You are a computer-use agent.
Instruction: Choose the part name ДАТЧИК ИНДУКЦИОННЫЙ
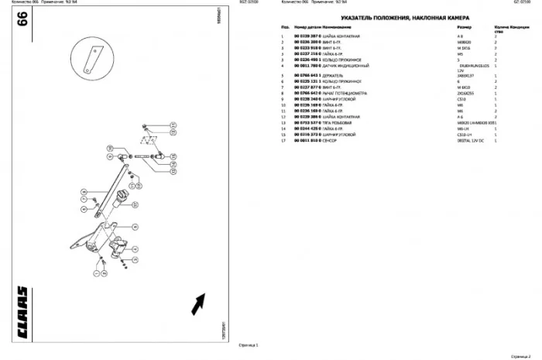pyautogui.click(x=346, y=66)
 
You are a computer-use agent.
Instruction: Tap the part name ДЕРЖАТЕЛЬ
pyautogui.click(x=335, y=76)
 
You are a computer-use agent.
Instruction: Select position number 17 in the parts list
pyautogui.click(x=283, y=141)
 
